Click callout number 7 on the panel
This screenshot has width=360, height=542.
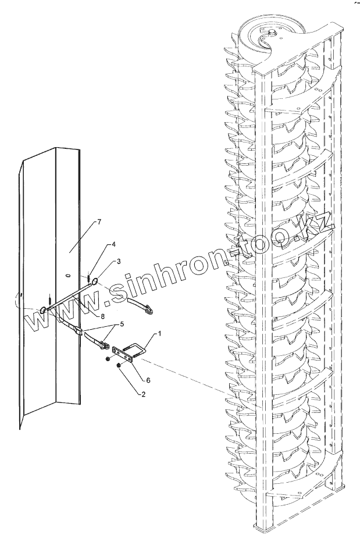tap(99, 222)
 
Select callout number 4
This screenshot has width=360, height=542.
tap(114, 244)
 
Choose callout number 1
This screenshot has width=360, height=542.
tap(158, 334)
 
